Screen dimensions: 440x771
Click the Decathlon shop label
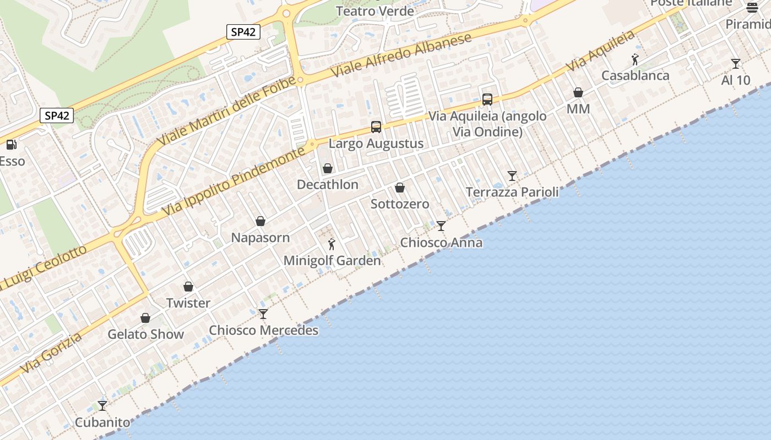(x=328, y=185)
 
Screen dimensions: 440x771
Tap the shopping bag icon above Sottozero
(x=400, y=188)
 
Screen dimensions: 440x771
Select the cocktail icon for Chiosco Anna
(x=441, y=226)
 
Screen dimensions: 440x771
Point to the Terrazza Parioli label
(x=512, y=193)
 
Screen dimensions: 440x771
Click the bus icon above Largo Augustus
(x=376, y=127)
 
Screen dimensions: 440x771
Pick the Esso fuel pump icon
(x=10, y=145)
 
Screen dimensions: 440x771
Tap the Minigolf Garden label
(x=332, y=261)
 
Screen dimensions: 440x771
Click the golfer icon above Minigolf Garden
(x=332, y=244)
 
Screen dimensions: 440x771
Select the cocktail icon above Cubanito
(x=102, y=406)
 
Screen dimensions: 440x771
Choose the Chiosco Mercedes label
(x=264, y=331)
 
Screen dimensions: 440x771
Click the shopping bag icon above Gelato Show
(x=145, y=318)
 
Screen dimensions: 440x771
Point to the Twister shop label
(x=188, y=303)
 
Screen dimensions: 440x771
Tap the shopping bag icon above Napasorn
(x=260, y=221)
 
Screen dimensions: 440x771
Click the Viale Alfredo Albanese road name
(x=401, y=55)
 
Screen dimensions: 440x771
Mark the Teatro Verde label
(x=374, y=11)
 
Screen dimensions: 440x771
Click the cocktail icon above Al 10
(x=735, y=64)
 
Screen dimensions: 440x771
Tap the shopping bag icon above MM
(x=578, y=92)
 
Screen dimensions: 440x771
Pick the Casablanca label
(x=636, y=76)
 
